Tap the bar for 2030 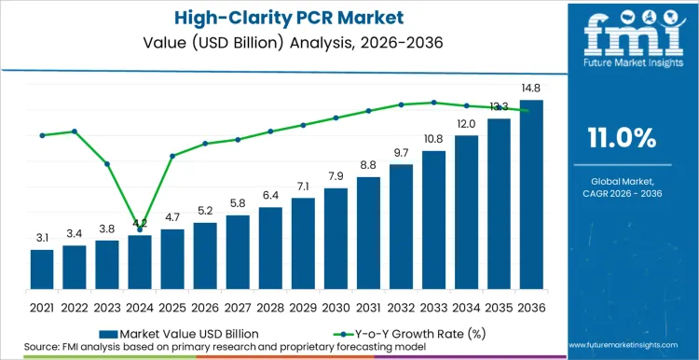point(336,238)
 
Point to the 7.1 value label point(303,187)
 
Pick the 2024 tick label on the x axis point(140,306)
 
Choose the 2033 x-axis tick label point(433,306)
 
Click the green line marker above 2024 point(140,228)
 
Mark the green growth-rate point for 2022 point(75,132)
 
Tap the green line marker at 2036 point(530,110)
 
